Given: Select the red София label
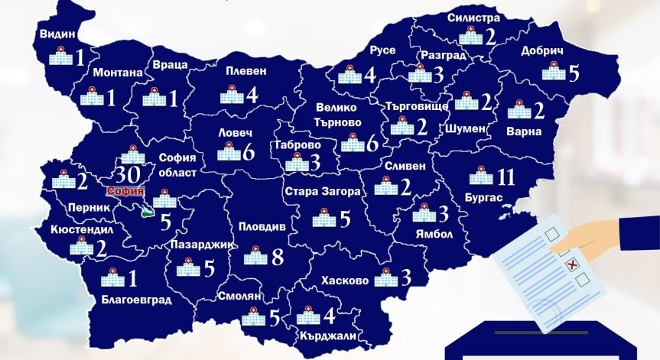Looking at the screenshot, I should (125, 191).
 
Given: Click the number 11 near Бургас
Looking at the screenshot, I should (504, 177).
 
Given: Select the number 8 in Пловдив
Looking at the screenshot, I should (278, 256).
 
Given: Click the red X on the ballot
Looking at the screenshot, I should (571, 265).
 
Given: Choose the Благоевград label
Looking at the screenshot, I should (136, 300).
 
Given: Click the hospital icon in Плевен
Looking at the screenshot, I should (231, 96).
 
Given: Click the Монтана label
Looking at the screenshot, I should (118, 73).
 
